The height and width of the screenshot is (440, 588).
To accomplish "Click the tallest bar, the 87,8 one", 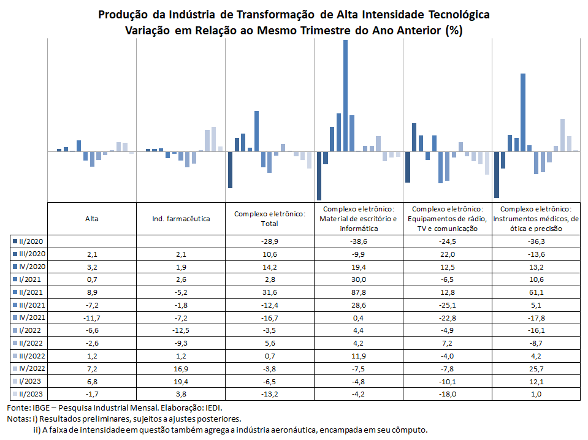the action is click(345, 96).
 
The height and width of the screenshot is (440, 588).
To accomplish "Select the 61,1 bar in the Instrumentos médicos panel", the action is click(523, 112).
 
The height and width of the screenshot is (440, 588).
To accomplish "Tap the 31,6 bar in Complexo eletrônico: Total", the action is click(256, 131).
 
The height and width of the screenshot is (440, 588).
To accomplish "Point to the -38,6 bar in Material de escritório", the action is click(319, 176).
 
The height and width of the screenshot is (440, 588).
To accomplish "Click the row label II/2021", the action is click(31, 292).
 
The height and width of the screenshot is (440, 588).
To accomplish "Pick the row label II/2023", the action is click(31, 394).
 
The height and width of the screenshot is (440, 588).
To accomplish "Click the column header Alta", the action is click(92, 219).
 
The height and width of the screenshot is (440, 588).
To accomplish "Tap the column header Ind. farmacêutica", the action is click(181, 219).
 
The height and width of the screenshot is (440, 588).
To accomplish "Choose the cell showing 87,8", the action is click(359, 292).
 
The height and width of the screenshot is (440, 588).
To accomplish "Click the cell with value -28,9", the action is click(270, 241).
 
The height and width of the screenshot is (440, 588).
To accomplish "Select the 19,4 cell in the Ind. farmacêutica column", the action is click(181, 382).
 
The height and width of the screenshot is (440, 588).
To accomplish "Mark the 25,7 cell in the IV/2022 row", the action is click(536, 369).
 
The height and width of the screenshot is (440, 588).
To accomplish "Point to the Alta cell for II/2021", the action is click(92, 292).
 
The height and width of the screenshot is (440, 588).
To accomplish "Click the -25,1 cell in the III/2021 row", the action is click(448, 305).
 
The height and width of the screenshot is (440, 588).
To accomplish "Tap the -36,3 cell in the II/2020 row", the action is click(536, 241).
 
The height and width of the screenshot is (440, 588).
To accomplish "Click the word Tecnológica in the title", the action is click(459, 15).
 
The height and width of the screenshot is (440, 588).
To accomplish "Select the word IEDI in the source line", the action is click(214, 408).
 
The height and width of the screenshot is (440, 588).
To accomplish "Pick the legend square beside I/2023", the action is click(15, 381).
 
